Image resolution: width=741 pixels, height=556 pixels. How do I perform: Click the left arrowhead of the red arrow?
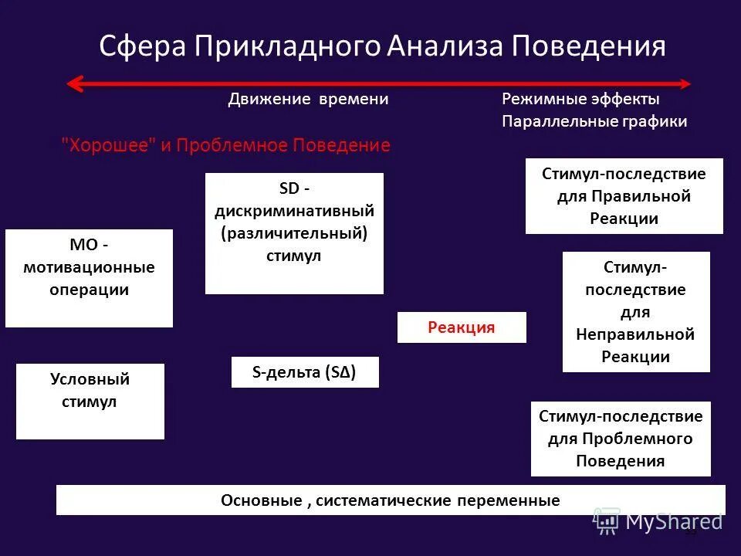click(74, 83)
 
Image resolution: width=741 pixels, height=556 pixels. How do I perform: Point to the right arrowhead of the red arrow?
click(685, 83)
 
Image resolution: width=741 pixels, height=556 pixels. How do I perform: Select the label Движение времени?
click(308, 100)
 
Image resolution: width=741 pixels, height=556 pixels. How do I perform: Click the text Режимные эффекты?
click(580, 100)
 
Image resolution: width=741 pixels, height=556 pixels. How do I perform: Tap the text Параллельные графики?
click(594, 122)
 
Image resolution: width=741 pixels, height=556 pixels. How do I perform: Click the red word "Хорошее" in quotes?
click(108, 146)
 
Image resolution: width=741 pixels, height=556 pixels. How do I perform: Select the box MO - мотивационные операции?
click(89, 277)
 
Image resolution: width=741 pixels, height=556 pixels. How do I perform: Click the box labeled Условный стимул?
click(90, 401)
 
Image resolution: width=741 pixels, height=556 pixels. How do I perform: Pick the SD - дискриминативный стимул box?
click(294, 233)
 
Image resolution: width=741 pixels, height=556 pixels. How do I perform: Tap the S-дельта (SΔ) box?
click(305, 372)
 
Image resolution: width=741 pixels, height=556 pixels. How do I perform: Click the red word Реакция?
click(462, 327)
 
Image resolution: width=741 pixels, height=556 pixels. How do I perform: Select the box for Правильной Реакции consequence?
click(624, 196)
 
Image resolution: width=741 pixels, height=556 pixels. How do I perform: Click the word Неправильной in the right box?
click(635, 334)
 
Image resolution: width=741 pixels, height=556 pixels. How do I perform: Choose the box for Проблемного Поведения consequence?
click(621, 439)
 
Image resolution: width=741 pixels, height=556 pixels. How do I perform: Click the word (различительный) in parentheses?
click(293, 233)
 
